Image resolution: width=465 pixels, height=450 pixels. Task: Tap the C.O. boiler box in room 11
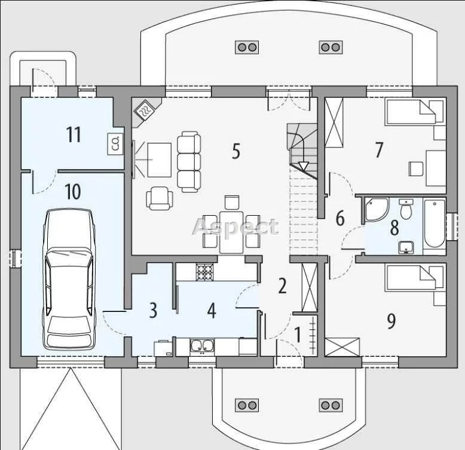click(115, 145)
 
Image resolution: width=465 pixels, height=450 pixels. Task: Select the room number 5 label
click(235, 151)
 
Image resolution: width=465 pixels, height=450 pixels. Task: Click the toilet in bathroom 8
click(406, 209)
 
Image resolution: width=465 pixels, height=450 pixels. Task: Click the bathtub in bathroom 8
click(435, 224)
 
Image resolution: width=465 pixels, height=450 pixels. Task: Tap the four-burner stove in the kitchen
click(204, 272)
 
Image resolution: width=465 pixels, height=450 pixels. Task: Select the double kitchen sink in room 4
click(202, 347)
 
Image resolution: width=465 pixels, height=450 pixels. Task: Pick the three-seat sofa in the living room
click(189, 161)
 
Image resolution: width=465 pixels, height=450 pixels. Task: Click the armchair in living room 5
click(160, 198)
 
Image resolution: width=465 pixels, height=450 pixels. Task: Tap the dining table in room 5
click(231, 232)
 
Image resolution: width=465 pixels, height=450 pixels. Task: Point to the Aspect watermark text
click(235, 226)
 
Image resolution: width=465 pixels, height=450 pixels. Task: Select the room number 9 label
click(391, 321)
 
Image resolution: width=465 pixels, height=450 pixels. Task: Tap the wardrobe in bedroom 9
click(342, 347)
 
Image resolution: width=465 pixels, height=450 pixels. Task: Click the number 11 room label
click(74, 134)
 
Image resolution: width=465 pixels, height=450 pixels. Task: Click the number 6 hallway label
click(340, 218)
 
